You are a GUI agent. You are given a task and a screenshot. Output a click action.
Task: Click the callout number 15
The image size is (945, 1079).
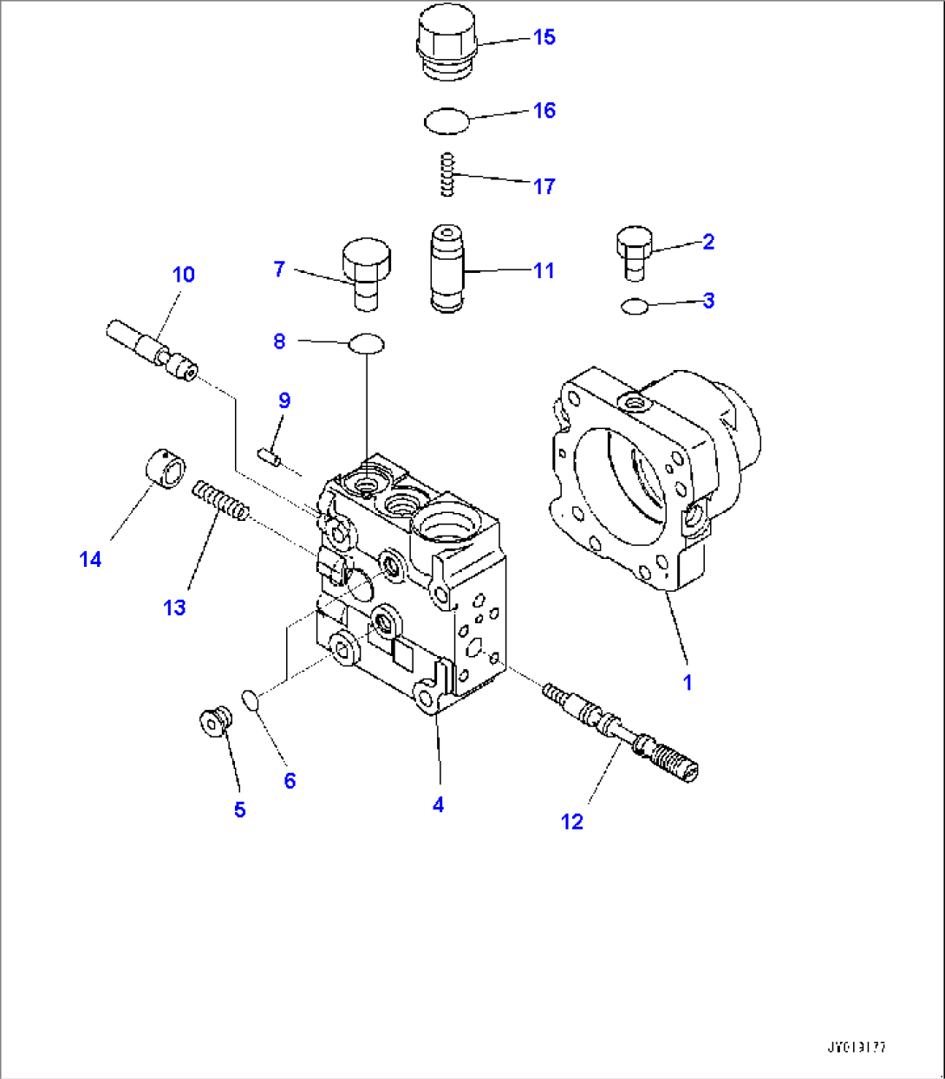pos(544,37)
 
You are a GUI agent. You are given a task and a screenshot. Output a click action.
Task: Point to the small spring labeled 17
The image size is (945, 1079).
pos(447,174)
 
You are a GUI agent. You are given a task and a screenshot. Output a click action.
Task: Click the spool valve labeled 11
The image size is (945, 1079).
pos(449,268)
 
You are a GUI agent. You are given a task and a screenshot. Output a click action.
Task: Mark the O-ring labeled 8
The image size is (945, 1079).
pos(367,344)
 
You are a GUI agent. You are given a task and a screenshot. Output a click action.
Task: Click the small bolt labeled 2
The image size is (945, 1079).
pos(634,252)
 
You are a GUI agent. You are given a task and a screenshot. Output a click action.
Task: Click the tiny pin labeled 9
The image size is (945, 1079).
pos(268,455)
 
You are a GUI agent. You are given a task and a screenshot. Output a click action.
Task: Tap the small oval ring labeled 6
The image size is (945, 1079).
pos(250,699)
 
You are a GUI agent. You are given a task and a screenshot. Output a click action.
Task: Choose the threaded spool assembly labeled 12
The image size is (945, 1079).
pos(621,731)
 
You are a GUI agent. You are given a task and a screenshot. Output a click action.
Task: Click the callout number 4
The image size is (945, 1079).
pos(438,805)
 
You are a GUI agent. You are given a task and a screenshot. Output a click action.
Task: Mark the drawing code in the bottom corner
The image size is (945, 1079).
pos(856,1048)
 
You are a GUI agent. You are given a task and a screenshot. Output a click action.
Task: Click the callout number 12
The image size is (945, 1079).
pos(572,822)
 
